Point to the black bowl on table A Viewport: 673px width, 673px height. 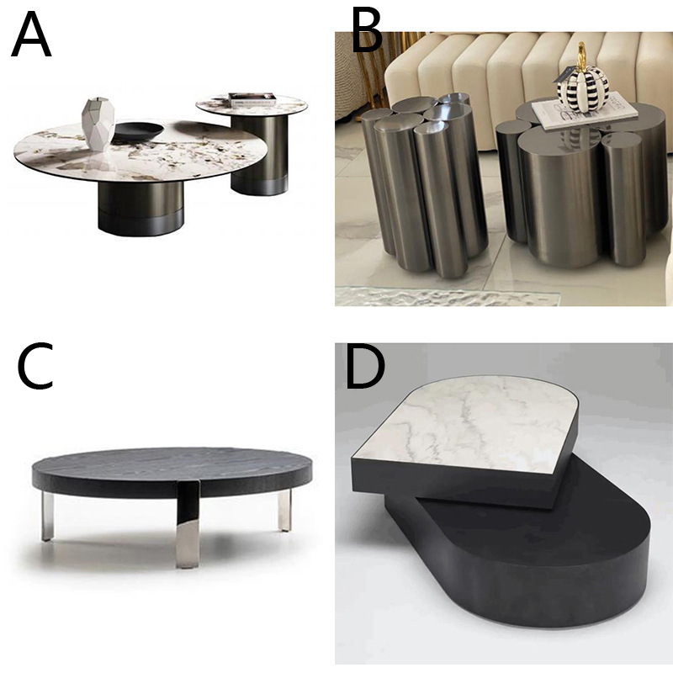(138, 131)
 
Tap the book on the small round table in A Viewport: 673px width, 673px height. (252, 98)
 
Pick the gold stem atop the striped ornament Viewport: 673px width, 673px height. (581, 54)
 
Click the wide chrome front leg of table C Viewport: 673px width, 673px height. (187, 525)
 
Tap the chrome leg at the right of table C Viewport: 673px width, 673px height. (284, 510)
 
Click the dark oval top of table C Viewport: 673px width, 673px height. (172, 468)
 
